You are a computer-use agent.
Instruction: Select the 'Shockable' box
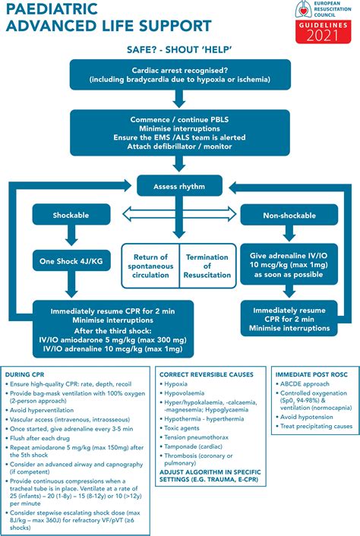pyautogui.click(x=71, y=215)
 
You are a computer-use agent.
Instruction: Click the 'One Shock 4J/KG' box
pyautogui.click(x=71, y=262)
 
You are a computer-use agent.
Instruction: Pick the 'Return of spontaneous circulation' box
pyautogui.click(x=150, y=266)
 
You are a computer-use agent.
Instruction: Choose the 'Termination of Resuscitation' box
pyautogui.click(x=208, y=266)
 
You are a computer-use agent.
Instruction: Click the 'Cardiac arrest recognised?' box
pyautogui.click(x=179, y=74)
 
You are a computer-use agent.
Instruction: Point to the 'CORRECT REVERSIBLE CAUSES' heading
pyautogui.click(x=207, y=374)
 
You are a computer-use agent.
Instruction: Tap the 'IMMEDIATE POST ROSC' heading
pyautogui.click(x=311, y=374)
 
